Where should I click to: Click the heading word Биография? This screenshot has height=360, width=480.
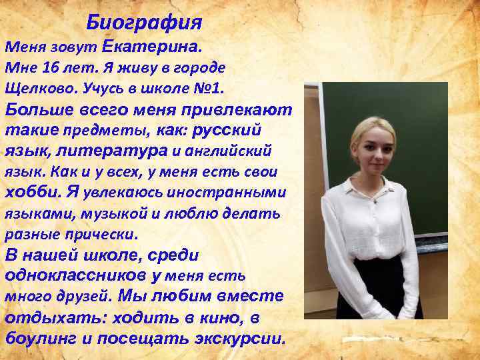(x=144, y=23)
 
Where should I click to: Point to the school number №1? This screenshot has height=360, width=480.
(x=209, y=88)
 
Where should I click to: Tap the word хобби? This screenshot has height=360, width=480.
(x=32, y=192)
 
